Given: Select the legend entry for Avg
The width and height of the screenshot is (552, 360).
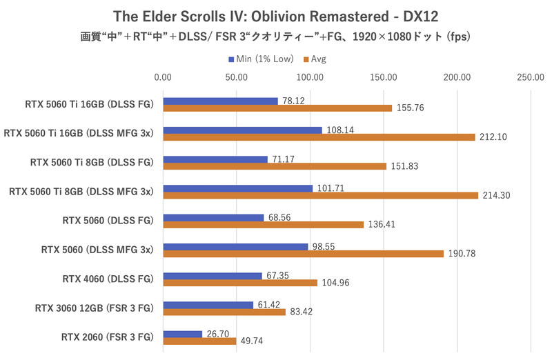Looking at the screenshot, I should pyautogui.click(x=314, y=59).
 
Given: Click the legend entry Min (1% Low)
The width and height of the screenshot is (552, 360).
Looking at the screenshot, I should pyautogui.click(x=259, y=59).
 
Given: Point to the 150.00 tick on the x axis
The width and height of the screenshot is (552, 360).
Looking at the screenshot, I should pyautogui.click(x=383, y=77).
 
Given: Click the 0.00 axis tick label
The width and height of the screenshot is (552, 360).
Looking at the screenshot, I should pyautogui.click(x=163, y=77).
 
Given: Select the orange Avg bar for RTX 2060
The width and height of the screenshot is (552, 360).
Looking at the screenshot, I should pyautogui.click(x=199, y=341).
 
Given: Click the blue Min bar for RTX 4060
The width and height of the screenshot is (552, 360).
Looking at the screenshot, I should pyautogui.click(x=213, y=276).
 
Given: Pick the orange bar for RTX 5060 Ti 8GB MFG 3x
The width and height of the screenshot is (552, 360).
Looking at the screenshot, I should pyautogui.click(x=320, y=195).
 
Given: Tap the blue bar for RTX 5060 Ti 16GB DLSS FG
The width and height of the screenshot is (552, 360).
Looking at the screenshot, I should pyautogui.click(x=220, y=101).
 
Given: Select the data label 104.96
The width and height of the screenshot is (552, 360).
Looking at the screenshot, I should pyautogui.click(x=334, y=283).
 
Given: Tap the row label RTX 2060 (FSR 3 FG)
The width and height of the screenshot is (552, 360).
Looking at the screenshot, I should pyautogui.click(x=107, y=337).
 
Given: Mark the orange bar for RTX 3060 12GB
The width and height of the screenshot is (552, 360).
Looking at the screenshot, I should pyautogui.click(x=224, y=312).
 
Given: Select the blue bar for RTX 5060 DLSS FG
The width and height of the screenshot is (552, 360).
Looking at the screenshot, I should pyautogui.click(x=213, y=217).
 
